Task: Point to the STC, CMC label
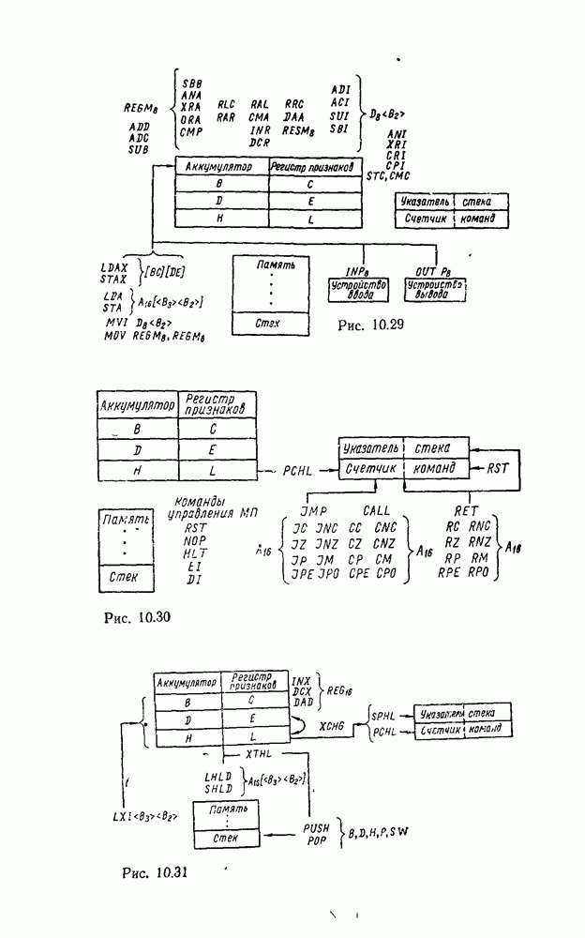[x=391, y=175]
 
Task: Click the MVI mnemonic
[x=116, y=322]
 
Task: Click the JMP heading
[x=315, y=510]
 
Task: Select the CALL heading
[x=375, y=510]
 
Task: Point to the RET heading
[x=465, y=510]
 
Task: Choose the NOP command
[x=195, y=541]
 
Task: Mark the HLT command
[x=195, y=554]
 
